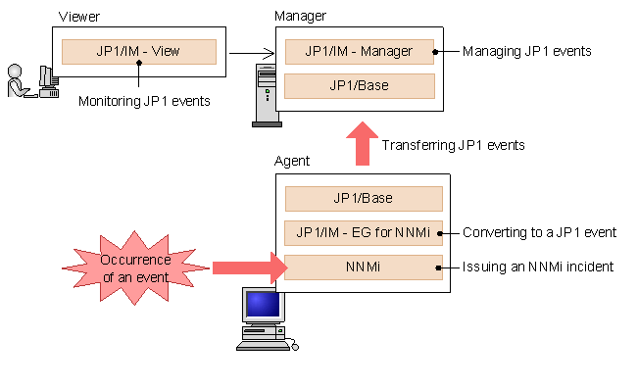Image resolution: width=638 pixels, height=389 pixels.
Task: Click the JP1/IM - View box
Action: pos(138,52)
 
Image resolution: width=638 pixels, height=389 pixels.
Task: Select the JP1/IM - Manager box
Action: pos(359,52)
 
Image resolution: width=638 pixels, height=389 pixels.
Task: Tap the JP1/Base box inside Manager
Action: pos(359,85)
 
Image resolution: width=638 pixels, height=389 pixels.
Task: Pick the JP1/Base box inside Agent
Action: pos(363,199)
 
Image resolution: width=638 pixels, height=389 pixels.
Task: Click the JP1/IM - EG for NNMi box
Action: pos(363,233)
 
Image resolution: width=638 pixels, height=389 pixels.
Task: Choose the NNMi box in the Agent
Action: pos(363,267)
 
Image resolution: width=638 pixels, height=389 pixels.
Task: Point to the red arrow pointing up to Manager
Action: pos(363,144)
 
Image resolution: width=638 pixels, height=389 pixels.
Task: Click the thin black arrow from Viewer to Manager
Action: pos(250,53)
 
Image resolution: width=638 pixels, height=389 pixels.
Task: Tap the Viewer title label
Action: pos(78,17)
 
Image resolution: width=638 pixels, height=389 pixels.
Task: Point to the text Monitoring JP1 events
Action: pos(144,101)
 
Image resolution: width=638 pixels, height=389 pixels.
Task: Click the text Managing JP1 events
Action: pos(527,51)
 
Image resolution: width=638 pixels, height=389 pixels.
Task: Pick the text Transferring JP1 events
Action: pos(454,145)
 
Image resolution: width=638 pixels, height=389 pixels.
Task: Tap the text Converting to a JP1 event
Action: pos(539,233)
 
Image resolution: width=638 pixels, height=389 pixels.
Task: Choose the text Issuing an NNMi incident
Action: pos(538,267)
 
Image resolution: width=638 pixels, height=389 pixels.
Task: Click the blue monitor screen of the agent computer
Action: pos(262,305)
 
